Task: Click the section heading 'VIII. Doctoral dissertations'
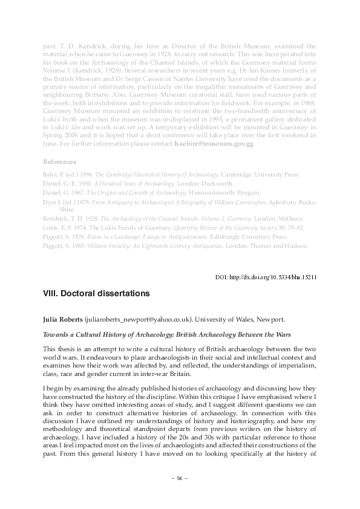pos(96,294)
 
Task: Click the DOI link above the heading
pos(266,277)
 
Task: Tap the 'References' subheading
pos(59,162)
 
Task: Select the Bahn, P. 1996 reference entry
pos(171,175)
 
